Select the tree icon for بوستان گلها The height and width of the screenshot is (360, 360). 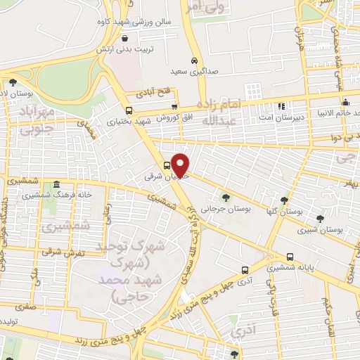click(285, 200)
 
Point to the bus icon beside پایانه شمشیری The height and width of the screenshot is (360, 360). click(290, 257)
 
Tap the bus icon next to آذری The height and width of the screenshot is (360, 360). click(245, 269)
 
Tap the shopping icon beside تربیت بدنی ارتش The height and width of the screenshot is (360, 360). click(124, 39)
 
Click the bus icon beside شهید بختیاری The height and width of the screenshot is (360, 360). click(129, 110)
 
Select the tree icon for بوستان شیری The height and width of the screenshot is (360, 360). click(320, 218)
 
